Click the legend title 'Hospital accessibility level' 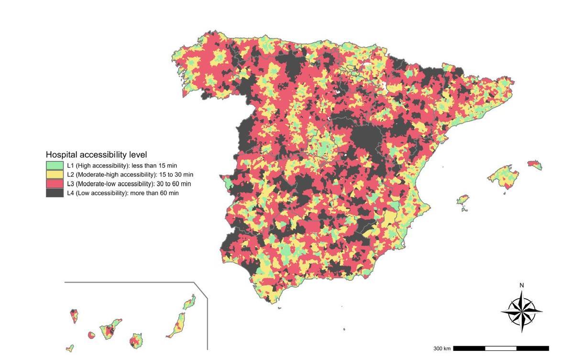coord(96,155)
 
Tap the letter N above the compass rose coord(521,286)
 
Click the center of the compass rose coord(521,312)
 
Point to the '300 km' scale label coord(442,349)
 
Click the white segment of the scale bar coord(500,348)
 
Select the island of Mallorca coord(502,176)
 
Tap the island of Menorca coord(535,165)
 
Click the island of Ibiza coord(462,200)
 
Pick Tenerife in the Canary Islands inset coord(110,330)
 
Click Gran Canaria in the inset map coord(135,341)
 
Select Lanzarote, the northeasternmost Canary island coord(189,302)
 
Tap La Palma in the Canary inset coord(74,316)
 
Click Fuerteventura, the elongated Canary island coord(177,325)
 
